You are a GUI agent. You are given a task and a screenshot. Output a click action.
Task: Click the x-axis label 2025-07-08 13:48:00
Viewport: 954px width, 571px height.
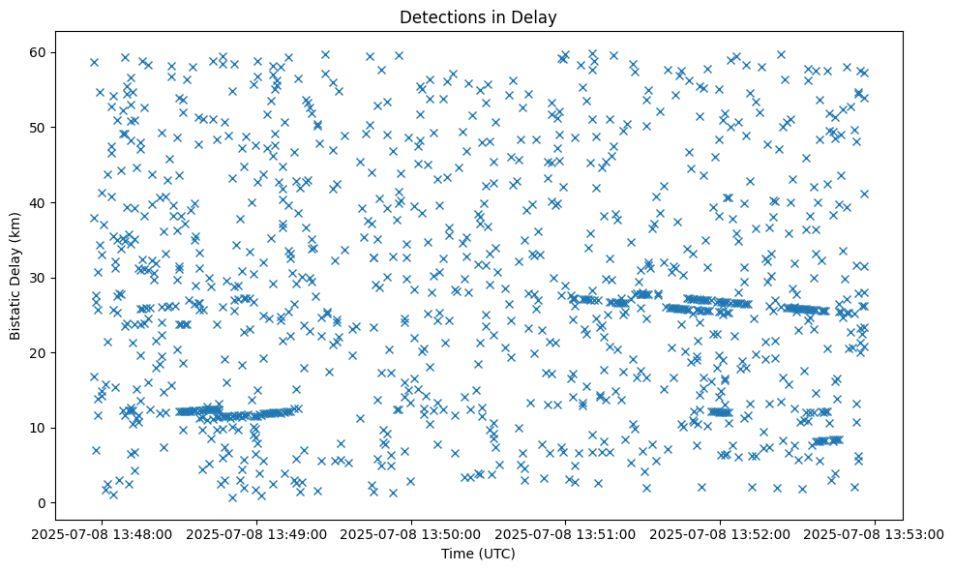point(103,533)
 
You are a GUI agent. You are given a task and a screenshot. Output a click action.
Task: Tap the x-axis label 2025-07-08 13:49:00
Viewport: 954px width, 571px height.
point(257,533)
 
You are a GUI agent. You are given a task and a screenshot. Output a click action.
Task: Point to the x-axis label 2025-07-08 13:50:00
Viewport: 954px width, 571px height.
point(412,533)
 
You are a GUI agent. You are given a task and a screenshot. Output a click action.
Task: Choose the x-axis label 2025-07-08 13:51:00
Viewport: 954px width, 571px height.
point(566,533)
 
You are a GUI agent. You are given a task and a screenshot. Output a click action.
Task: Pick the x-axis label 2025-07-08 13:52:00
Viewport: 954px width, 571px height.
point(721,533)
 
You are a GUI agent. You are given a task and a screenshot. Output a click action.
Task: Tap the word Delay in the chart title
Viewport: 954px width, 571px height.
point(537,16)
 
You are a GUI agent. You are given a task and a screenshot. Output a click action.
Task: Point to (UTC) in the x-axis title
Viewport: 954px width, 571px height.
point(498,554)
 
